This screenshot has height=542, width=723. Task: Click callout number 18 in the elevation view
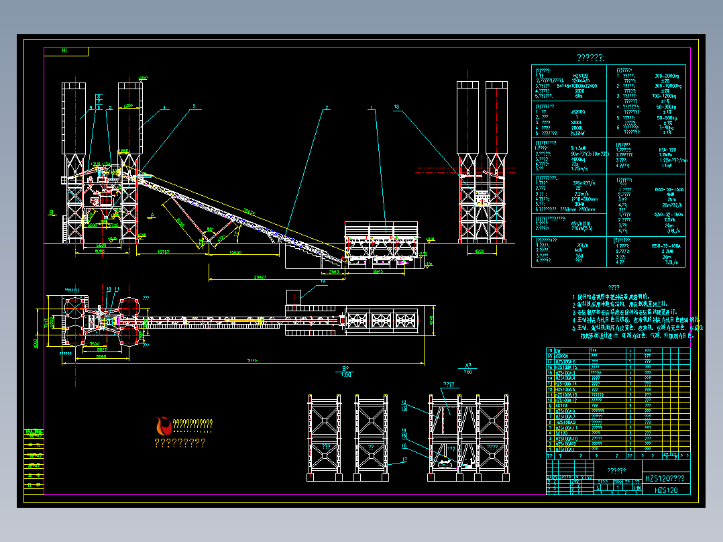point(396,107)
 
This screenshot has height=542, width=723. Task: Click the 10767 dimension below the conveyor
point(162,252)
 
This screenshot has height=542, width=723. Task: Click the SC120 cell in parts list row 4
point(562,433)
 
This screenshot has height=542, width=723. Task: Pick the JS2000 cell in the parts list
point(562,356)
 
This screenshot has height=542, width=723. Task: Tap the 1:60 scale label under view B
point(346,374)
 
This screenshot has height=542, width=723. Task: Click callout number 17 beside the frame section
point(404,459)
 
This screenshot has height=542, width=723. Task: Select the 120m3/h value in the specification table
point(579,80)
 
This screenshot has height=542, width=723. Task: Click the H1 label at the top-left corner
point(64,50)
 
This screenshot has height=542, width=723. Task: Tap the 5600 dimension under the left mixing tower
point(101,246)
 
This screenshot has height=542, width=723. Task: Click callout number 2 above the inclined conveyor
point(327,107)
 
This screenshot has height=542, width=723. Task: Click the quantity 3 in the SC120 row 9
point(630,405)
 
